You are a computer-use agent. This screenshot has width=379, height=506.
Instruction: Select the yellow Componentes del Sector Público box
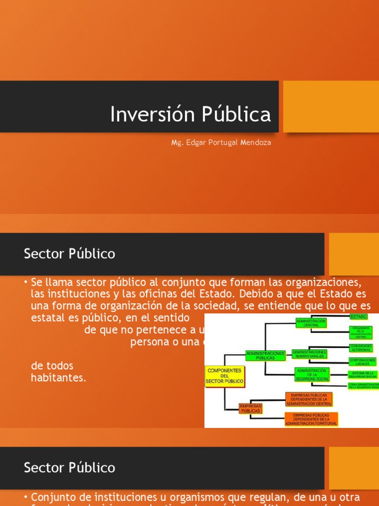225,376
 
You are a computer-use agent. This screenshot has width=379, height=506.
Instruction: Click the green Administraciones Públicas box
265,355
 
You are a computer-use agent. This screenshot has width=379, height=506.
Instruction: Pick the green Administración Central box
311,323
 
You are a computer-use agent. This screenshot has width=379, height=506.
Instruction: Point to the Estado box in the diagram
358,316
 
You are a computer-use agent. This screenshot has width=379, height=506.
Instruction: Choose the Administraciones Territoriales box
309,353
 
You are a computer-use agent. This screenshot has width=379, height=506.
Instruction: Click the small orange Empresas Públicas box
250,408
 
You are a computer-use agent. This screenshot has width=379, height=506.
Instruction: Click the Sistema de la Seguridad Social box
363,375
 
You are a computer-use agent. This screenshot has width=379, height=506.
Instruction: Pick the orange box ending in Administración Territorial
311,420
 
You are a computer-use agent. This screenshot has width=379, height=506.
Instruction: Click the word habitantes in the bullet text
58,378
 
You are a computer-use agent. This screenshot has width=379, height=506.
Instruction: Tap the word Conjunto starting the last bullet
52,497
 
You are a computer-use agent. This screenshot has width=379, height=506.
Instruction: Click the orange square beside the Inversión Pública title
331,107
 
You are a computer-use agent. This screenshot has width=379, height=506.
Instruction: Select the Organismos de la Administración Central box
362,332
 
